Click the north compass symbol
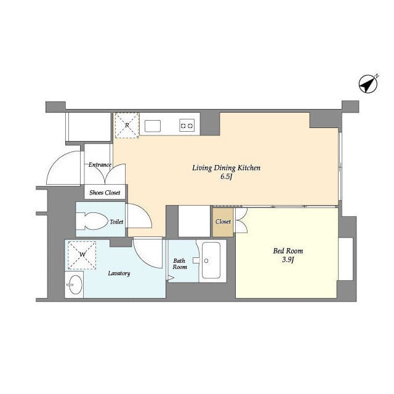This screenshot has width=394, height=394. pos(368,84)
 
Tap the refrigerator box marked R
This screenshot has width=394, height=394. pos(127,126)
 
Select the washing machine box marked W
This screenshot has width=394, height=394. pos(82,255)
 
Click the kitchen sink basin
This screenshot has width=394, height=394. pos(153,126)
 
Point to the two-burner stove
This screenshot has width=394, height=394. pos(187,126)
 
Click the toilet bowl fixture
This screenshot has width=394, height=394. pos(92,221)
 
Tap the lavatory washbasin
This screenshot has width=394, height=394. pos(75,284)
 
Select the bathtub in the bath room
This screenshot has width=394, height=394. pos(211,260)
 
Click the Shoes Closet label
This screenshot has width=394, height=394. pos(105,193)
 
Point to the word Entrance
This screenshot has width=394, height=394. pos(100,165)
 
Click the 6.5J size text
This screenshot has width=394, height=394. pos(226,177)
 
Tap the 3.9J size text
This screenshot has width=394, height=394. pos(288,260)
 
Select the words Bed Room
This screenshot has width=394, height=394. pos(288,251)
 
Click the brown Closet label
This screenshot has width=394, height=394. pos(223,222)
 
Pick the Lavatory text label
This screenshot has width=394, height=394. pos(119,273)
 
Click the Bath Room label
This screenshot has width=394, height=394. pos(180,264)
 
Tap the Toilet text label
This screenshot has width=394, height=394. pos(116,222)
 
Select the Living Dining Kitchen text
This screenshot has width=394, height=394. pos(226,168)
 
